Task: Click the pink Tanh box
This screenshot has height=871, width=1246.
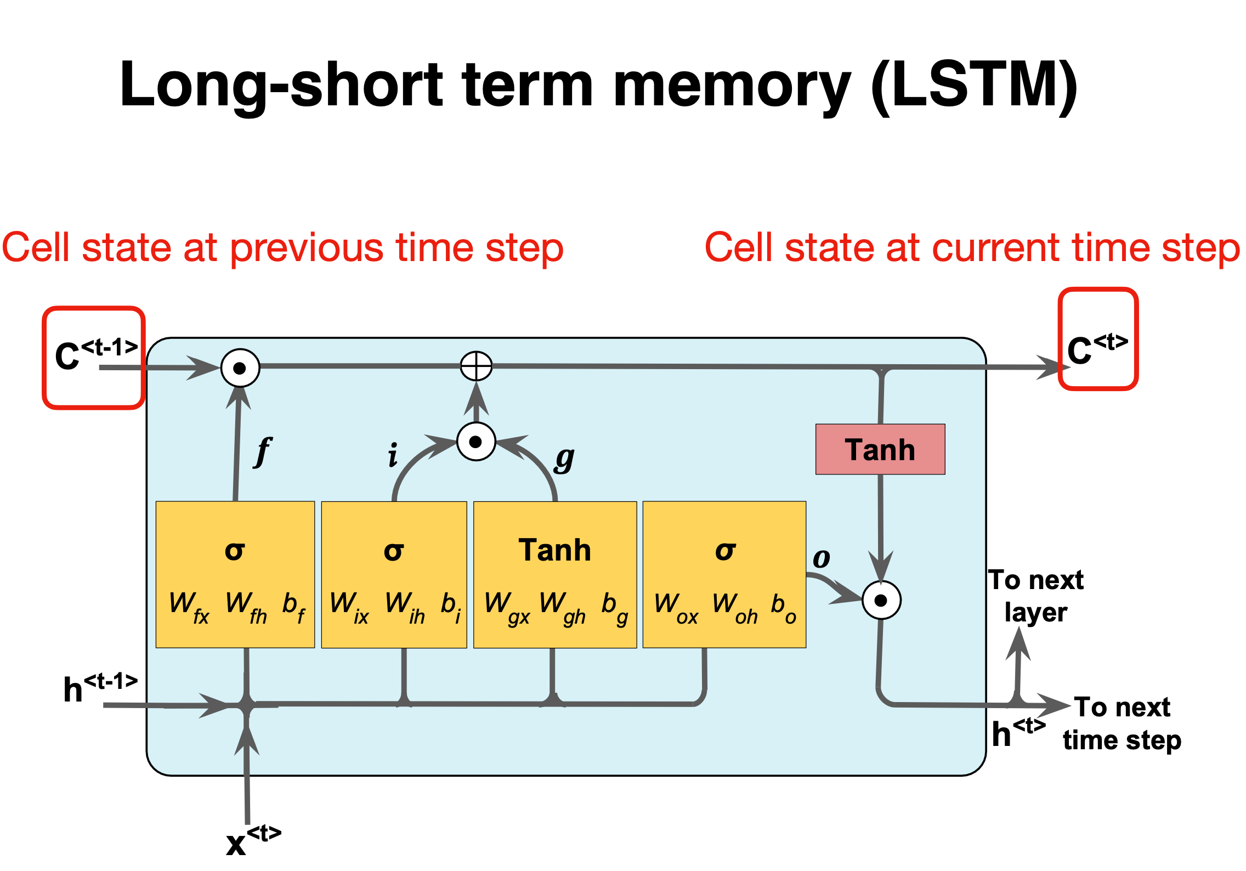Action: pyautogui.click(x=880, y=449)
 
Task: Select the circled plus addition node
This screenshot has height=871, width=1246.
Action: pyautogui.click(x=476, y=366)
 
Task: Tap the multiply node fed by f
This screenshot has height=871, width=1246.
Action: pyautogui.click(x=240, y=368)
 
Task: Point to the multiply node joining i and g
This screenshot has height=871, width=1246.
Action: pyautogui.click(x=476, y=442)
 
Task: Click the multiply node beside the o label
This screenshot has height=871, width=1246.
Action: pyautogui.click(x=881, y=600)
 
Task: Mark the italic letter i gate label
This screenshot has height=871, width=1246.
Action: pyautogui.click(x=393, y=456)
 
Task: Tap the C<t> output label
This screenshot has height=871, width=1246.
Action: pyautogui.click(x=1097, y=349)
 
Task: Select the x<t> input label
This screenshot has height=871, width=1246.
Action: pyautogui.click(x=252, y=840)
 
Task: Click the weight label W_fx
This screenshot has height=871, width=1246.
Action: pyautogui.click(x=189, y=606)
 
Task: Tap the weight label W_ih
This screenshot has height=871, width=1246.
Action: pyautogui.click(x=405, y=606)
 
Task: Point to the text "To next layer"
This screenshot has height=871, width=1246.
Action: pyautogui.click(x=1035, y=596)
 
